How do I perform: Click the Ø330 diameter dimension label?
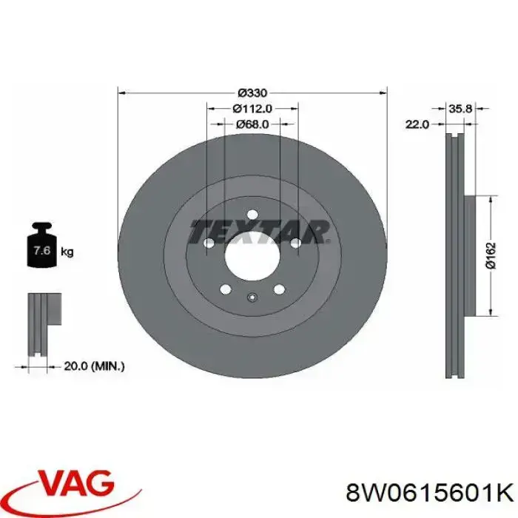point(252,93)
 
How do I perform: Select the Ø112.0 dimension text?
point(252,109)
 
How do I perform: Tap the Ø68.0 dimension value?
point(252,124)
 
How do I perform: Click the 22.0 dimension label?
point(417,124)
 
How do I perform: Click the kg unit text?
point(67,252)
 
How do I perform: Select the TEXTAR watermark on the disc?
point(259,232)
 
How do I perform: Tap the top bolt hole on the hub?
point(252,215)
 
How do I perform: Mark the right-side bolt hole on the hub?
point(295,242)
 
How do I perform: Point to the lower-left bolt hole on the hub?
point(226,289)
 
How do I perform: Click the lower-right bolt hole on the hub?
point(278,289)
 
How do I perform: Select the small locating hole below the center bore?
point(252,299)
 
